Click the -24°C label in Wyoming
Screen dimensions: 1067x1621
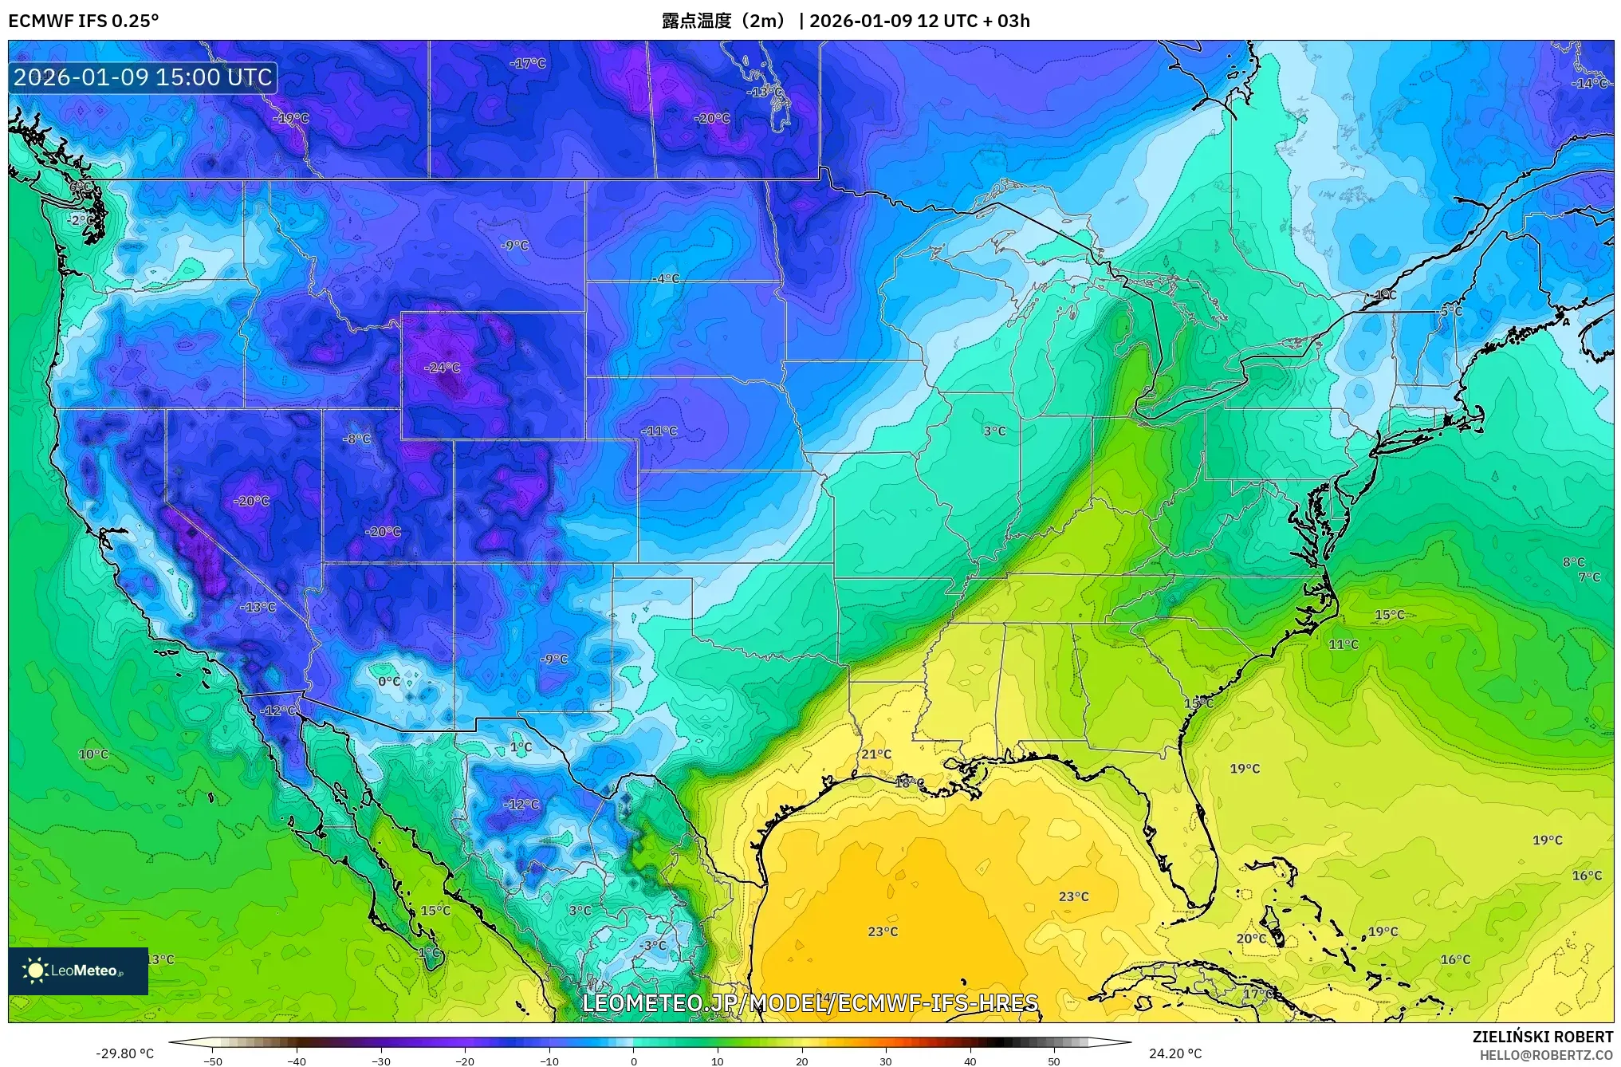(x=443, y=368)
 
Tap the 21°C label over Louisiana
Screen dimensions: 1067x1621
(x=875, y=754)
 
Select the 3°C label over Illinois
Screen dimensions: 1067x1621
(x=994, y=431)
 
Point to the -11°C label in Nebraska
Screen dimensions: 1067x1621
(x=659, y=431)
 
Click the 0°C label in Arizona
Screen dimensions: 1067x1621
(x=389, y=681)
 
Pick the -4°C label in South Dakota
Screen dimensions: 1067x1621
(x=666, y=278)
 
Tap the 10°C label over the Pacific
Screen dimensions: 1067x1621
(x=93, y=754)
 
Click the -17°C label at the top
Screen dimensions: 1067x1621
(x=528, y=63)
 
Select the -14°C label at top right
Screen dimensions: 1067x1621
(x=1589, y=83)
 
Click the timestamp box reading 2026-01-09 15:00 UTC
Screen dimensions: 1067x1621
(x=143, y=77)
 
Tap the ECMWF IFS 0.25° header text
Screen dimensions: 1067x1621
(x=84, y=21)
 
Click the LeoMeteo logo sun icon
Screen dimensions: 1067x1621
(x=35, y=971)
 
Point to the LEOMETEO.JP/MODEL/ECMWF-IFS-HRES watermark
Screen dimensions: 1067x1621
(x=810, y=1002)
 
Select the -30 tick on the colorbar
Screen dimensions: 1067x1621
(x=381, y=1061)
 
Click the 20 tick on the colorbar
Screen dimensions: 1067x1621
(x=801, y=1061)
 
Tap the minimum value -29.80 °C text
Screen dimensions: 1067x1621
(x=124, y=1053)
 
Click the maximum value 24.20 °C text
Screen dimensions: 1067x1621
(x=1174, y=1053)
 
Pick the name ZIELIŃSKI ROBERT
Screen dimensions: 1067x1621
(x=1542, y=1037)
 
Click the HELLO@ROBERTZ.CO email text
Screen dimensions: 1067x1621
(x=1546, y=1055)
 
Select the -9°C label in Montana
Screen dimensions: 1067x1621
(x=514, y=246)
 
